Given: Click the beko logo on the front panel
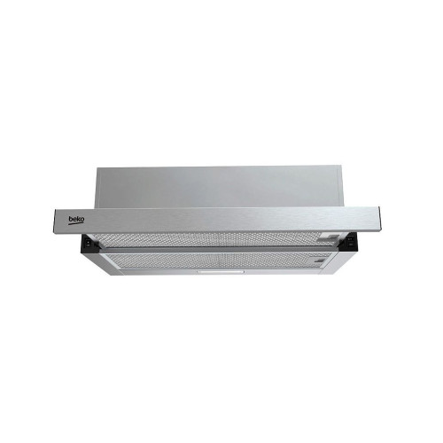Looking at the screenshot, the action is [76, 221].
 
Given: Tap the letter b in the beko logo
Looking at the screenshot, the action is [71, 219].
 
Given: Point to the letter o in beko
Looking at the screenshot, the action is [82, 220].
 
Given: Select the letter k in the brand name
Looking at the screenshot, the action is [79, 219].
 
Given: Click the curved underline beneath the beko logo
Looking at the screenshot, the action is [76, 224].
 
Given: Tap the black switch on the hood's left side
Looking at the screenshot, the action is [88, 244].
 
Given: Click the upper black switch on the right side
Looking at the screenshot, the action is [351, 239].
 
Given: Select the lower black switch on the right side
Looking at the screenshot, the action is [351, 245].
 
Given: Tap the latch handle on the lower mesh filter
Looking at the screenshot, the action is [320, 260].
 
